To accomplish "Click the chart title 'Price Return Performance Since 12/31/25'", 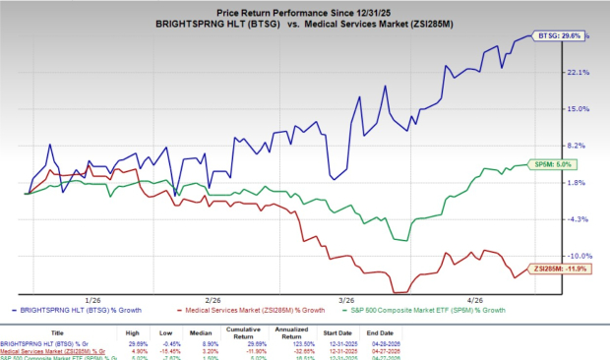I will pos(304,8).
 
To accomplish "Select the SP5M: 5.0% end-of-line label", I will pos(553,164).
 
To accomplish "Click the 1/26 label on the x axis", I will pos(94,298).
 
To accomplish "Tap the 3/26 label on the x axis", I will pos(347,298).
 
